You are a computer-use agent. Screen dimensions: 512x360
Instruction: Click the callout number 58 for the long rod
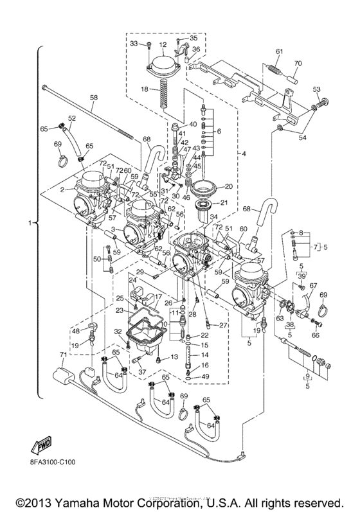(x=94, y=97)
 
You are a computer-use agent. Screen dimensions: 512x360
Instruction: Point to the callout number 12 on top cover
(x=163, y=44)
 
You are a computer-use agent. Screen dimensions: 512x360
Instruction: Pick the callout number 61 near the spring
(x=279, y=51)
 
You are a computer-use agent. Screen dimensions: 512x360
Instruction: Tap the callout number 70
(x=297, y=63)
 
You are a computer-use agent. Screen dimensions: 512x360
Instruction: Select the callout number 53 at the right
(x=316, y=89)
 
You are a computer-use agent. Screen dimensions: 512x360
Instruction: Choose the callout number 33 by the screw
(x=134, y=44)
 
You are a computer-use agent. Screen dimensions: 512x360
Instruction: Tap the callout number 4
(x=244, y=154)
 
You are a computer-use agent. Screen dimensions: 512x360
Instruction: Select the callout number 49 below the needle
(x=206, y=376)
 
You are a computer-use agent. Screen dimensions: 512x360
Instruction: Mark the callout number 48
(x=76, y=331)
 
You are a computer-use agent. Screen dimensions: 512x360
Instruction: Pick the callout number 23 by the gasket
(x=119, y=310)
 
